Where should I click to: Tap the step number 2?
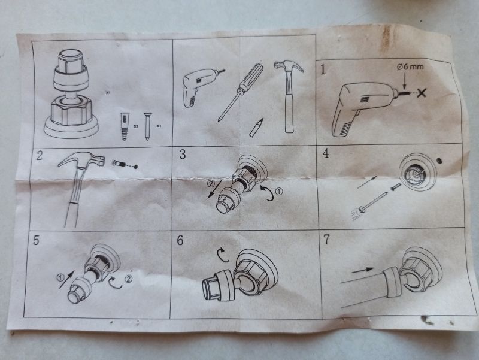pyautogui.click(x=40, y=155)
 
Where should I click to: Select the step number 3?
pyautogui.click(x=183, y=155)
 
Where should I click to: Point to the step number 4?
pyautogui.click(x=326, y=153)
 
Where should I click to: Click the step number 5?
pyautogui.click(x=36, y=241)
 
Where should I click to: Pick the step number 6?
pyautogui.click(x=180, y=241)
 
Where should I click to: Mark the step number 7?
pyautogui.click(x=326, y=240)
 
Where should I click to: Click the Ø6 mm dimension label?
pyautogui.click(x=410, y=67)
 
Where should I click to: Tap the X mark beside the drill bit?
pyautogui.click(x=422, y=93)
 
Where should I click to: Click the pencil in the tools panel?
pyautogui.click(x=256, y=127)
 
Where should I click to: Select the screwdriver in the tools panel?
pyautogui.click(x=241, y=93)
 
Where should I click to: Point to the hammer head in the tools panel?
pyautogui.click(x=289, y=67)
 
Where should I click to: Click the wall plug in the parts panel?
pyautogui.click(x=124, y=126)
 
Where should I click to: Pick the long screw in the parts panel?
pyautogui.click(x=147, y=126)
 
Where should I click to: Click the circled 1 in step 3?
pyautogui.click(x=279, y=192)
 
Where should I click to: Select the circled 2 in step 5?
pyautogui.click(x=129, y=279)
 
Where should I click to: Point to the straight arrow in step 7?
pyautogui.click(x=363, y=270)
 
